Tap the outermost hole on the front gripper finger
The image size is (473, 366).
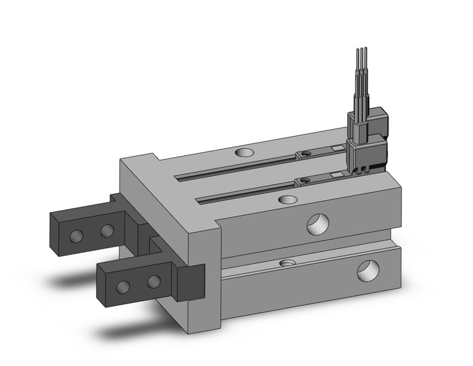pos(123,286)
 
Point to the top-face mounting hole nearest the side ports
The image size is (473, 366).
pos(288,200)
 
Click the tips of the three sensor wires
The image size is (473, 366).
pos(361,50)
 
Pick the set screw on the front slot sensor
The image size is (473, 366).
pos(305,181)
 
